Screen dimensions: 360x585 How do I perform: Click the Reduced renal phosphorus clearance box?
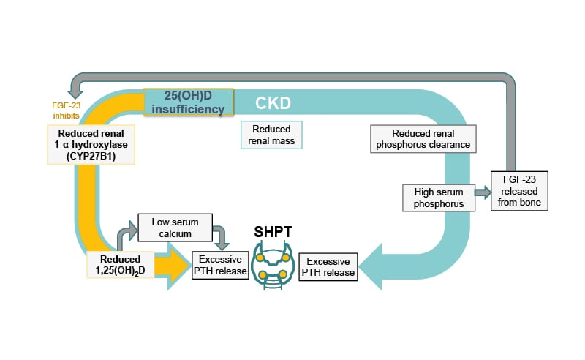tap(423, 139)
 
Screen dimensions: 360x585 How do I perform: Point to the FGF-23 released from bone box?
tap(520, 191)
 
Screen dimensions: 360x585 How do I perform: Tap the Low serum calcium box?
tap(173, 227)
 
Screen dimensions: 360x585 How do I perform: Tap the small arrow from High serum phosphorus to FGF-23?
tap(483, 192)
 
